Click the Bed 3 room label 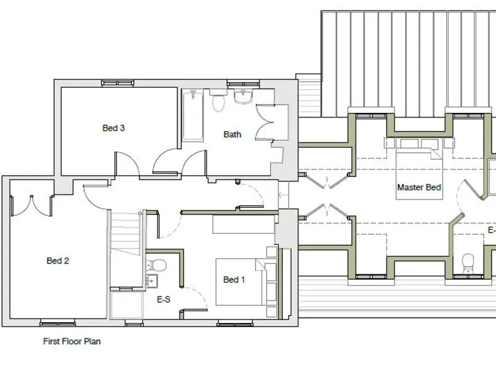click(x=114, y=128)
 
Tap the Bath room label click(x=232, y=134)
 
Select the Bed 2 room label click(x=57, y=261)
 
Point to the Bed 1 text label click(x=234, y=280)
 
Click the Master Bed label click(x=419, y=187)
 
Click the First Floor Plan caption click(x=72, y=342)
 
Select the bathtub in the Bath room click(x=192, y=116)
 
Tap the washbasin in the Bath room click(x=243, y=97)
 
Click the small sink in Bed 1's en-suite click(x=152, y=281)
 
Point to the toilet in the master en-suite click(x=468, y=260)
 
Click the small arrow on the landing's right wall click(x=282, y=193)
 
